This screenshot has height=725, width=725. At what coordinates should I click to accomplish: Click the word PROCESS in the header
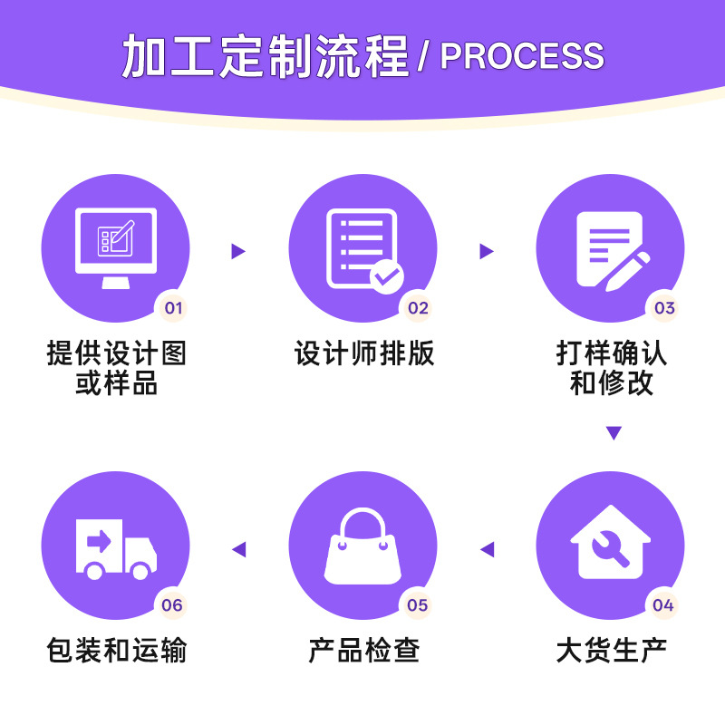pyautogui.click(x=522, y=56)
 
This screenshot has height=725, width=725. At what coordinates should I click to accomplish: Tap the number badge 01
pyautogui.click(x=173, y=307)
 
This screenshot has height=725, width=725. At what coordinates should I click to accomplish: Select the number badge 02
pyautogui.click(x=418, y=307)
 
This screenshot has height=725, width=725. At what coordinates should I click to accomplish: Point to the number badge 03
pyautogui.click(x=664, y=307)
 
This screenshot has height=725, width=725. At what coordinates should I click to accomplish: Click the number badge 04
pyautogui.click(x=663, y=604)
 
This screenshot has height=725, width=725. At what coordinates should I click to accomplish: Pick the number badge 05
pyautogui.click(x=417, y=604)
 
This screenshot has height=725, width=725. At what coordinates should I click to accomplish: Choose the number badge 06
pyautogui.click(x=172, y=604)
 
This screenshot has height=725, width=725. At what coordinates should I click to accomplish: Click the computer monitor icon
pyautogui.click(x=116, y=248)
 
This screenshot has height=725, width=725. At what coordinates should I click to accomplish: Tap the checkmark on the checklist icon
pyautogui.click(x=387, y=276)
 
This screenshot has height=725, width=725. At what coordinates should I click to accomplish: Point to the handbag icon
pyautogui.click(x=363, y=546)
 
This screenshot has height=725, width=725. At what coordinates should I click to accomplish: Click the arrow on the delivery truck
pyautogui.click(x=99, y=541)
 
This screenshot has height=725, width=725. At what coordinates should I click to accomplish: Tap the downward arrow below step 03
pyautogui.click(x=614, y=433)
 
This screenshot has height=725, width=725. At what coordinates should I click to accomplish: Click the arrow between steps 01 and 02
pyautogui.click(x=238, y=251)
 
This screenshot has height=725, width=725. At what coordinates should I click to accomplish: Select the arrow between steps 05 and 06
pyautogui.click(x=238, y=549)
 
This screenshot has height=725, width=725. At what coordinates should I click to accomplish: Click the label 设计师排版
pyautogui.click(x=364, y=353)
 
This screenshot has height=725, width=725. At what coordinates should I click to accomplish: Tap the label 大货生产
pyautogui.click(x=611, y=650)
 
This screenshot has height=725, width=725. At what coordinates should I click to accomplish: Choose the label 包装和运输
pyautogui.click(x=117, y=650)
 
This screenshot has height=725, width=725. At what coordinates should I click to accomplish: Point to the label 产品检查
pyautogui.click(x=364, y=650)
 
